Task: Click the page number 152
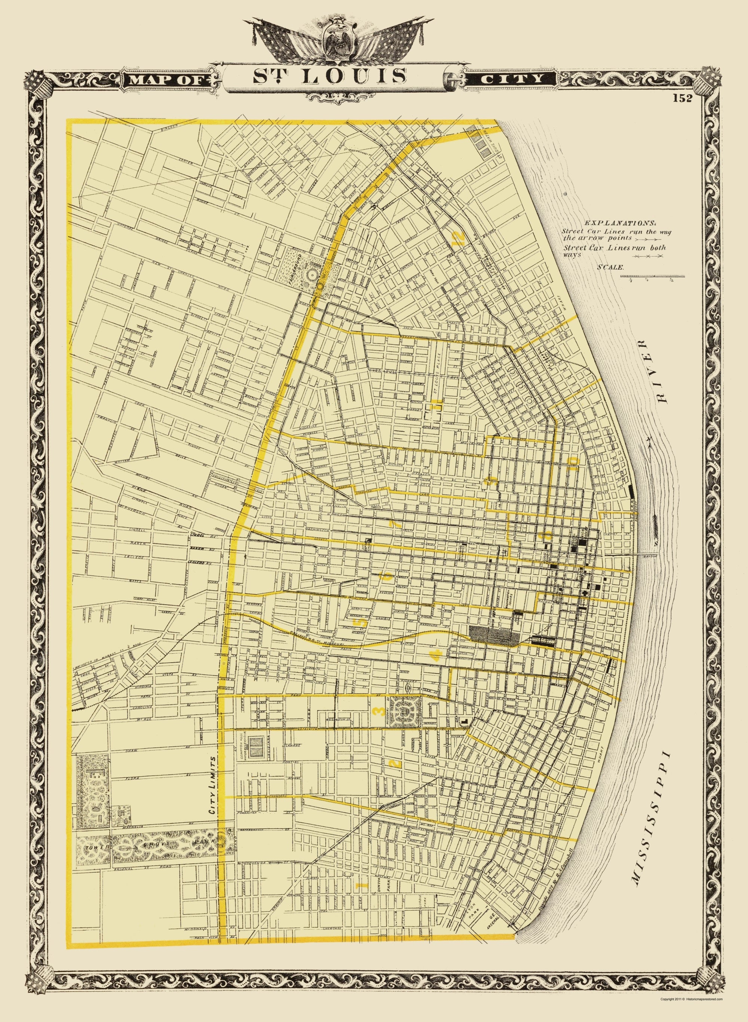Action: coord(681,99)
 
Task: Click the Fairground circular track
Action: coord(312,275)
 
